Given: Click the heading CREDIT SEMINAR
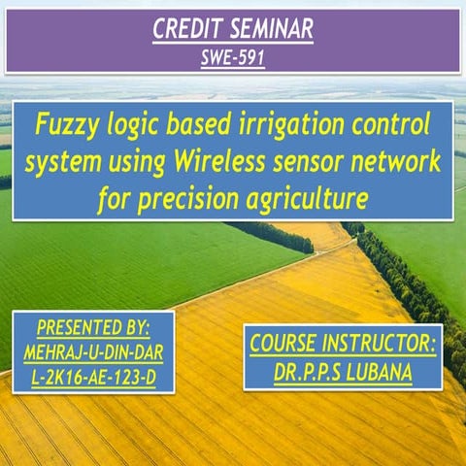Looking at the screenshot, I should point(233,31).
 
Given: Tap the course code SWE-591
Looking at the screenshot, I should point(233,57).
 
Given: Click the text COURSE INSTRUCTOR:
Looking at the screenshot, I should point(343,344).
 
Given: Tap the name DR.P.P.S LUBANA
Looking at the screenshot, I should point(343,371).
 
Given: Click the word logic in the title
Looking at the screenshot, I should point(138,125).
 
